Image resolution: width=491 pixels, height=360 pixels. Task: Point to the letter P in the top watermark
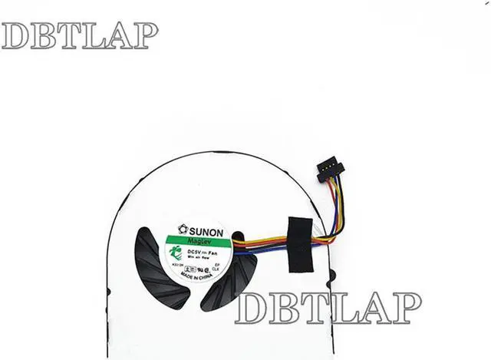pyautogui.click(x=145, y=35)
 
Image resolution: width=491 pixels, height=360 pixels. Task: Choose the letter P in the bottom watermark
pyautogui.click(x=406, y=308)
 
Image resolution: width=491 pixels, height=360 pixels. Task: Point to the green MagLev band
pyautogui.click(x=201, y=241)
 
